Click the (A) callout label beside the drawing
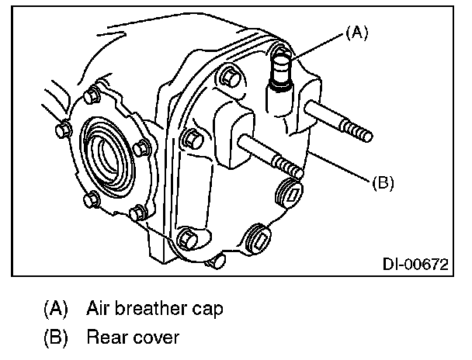(x=356, y=33)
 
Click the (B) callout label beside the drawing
(x=383, y=184)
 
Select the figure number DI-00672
(x=415, y=265)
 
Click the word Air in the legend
(x=99, y=309)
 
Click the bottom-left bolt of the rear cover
(x=187, y=238)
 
